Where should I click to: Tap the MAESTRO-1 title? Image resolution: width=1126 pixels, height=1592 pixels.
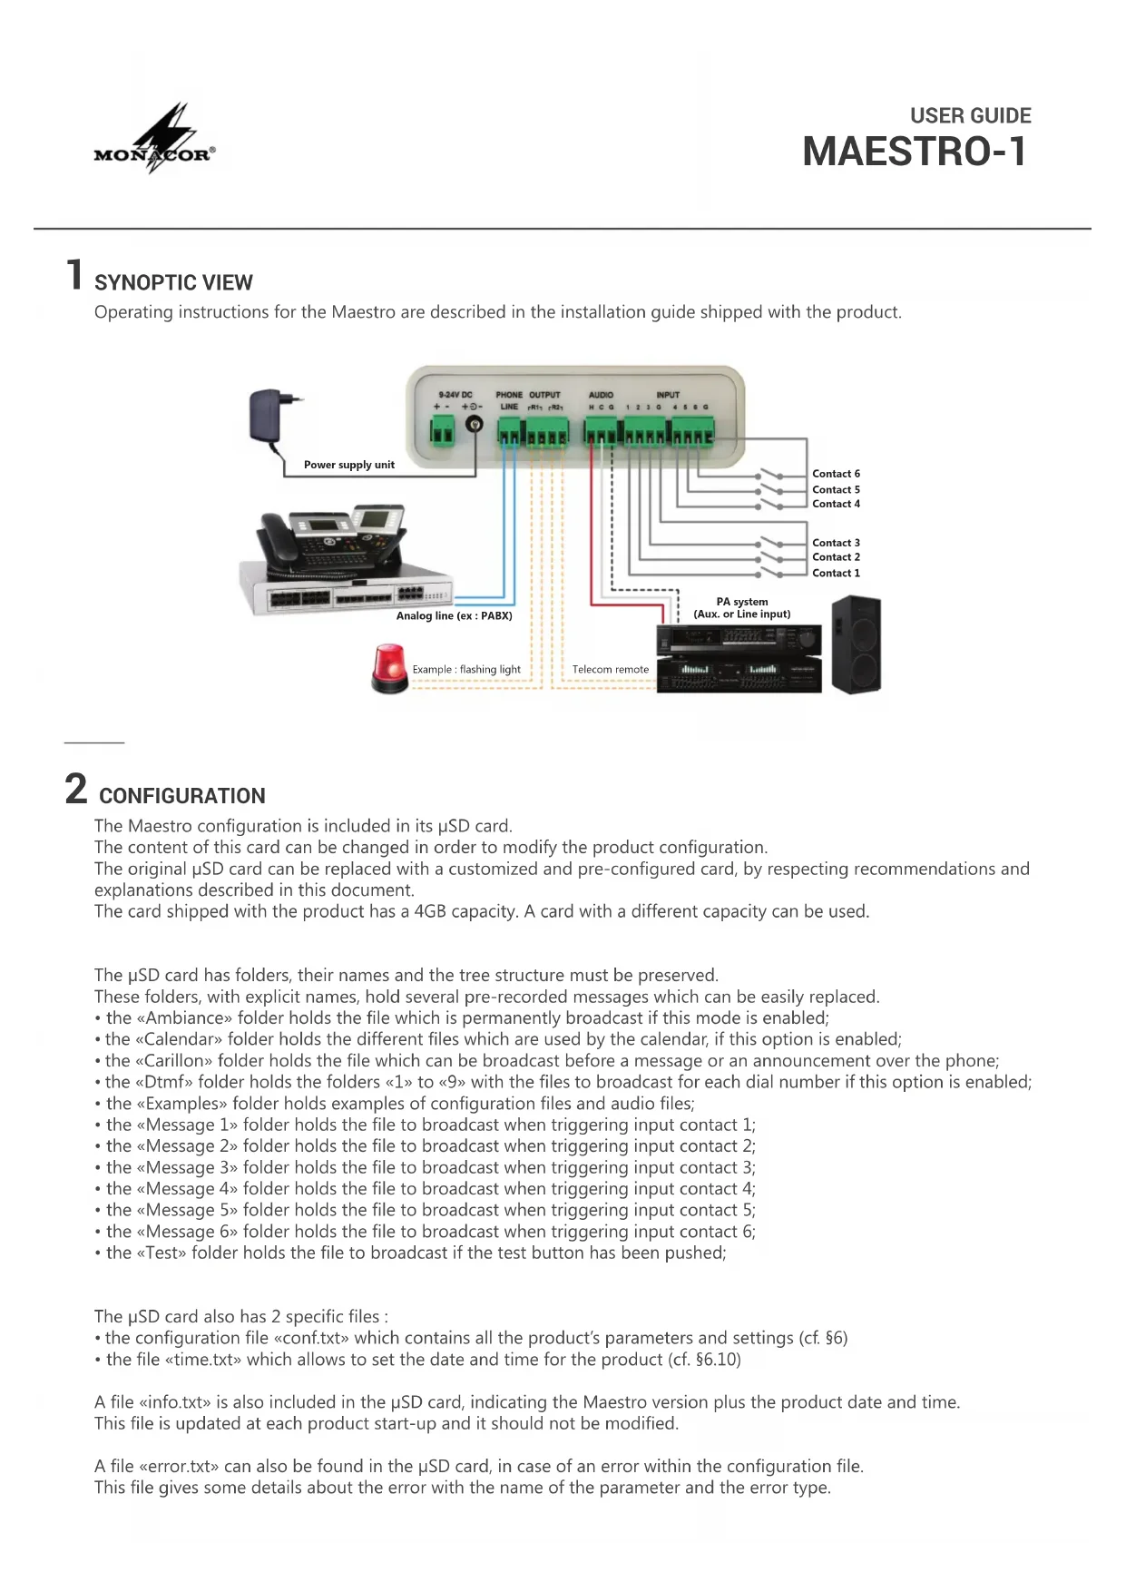915,152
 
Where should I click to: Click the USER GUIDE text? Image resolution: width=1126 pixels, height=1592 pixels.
970,115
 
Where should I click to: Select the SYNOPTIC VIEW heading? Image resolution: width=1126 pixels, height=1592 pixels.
173,282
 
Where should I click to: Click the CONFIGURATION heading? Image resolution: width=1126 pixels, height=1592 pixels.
181,796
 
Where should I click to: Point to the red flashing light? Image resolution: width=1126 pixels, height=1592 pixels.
389,669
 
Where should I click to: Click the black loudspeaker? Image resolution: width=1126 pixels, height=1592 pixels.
856,645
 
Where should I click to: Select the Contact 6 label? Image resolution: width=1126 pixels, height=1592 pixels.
836,474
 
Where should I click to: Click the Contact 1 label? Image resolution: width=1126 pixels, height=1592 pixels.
836,573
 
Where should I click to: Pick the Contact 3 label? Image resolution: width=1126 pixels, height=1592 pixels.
836,543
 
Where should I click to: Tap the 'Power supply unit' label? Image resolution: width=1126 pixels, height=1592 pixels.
348,465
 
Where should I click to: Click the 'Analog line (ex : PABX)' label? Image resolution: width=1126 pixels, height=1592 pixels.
454,615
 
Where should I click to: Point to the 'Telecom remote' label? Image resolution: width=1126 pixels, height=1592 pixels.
610,670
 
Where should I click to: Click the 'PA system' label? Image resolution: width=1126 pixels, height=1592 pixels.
741,602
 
